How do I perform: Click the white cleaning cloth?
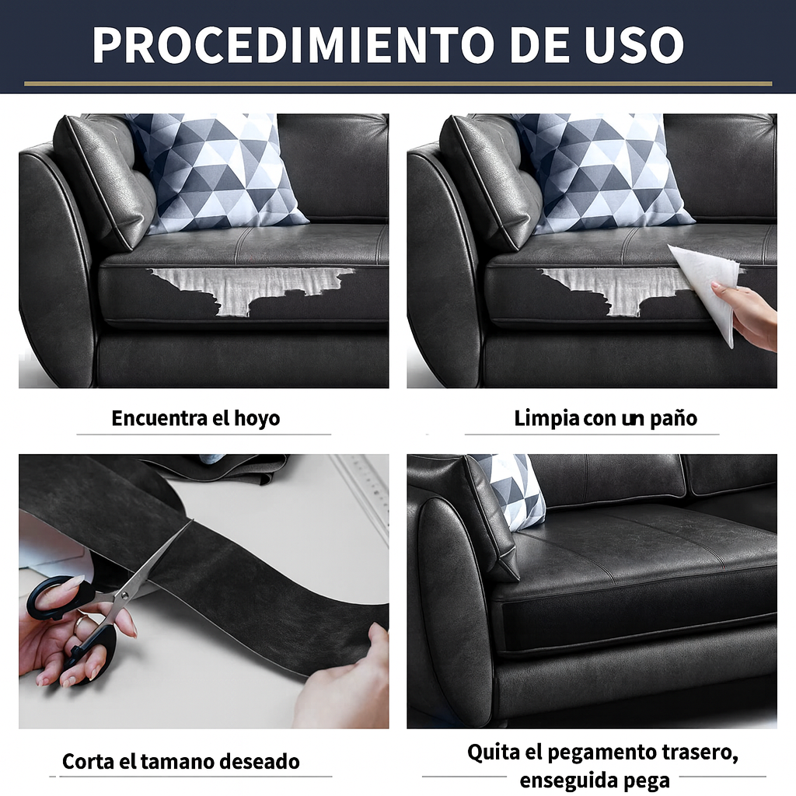pos(706,287)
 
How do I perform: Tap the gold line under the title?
pos(398,84)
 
